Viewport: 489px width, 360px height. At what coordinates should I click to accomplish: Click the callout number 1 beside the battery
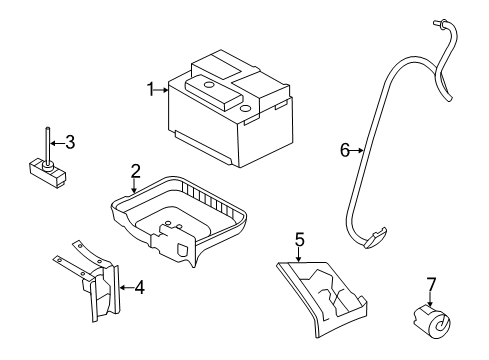[x=151, y=89]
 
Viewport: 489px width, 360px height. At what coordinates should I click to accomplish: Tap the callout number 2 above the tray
[x=135, y=171]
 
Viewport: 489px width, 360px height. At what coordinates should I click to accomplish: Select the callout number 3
[x=70, y=142]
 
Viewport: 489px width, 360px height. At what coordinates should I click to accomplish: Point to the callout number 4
[x=140, y=287]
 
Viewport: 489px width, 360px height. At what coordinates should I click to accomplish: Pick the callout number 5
[x=299, y=240]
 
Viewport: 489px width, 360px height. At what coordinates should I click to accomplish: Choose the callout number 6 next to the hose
[x=345, y=150]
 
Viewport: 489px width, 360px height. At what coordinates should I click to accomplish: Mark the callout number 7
[x=431, y=285]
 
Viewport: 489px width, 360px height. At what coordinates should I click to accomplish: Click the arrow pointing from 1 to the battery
[x=162, y=89]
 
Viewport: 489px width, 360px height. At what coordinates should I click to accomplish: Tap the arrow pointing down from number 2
[x=134, y=186]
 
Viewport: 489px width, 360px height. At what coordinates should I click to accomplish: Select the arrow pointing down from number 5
[x=298, y=255]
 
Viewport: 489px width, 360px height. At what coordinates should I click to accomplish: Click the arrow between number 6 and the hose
[x=357, y=151]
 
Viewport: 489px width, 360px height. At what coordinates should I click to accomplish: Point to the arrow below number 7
[x=430, y=299]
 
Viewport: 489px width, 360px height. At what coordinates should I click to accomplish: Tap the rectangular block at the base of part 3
[x=46, y=172]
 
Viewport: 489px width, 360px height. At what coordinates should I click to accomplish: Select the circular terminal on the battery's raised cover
[x=209, y=85]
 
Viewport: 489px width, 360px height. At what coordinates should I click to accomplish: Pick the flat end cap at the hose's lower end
[x=376, y=238]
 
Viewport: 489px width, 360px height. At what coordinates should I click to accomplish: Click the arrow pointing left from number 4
[x=127, y=287]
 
